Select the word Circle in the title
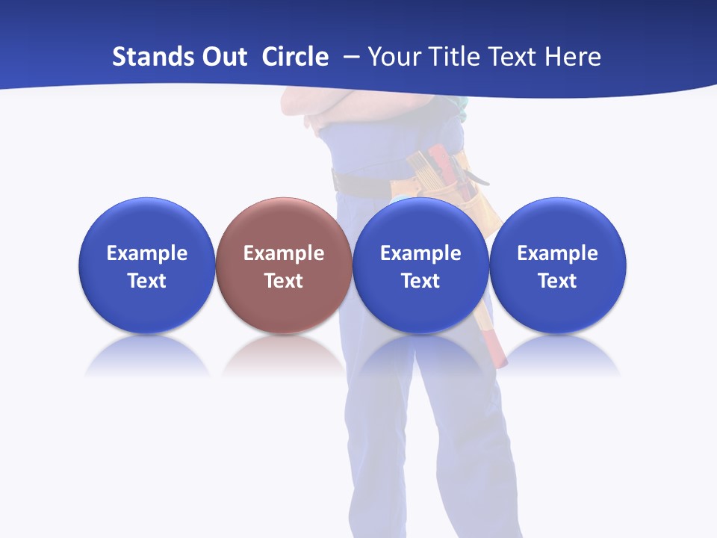click(x=295, y=57)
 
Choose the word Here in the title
click(x=573, y=57)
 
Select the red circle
click(x=284, y=265)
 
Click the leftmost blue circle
click(x=147, y=265)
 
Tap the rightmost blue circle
click(x=557, y=265)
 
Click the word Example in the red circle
click(x=284, y=253)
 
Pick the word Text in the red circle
click(x=284, y=281)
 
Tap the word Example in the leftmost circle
click(x=147, y=253)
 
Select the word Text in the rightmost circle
click(x=557, y=281)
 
